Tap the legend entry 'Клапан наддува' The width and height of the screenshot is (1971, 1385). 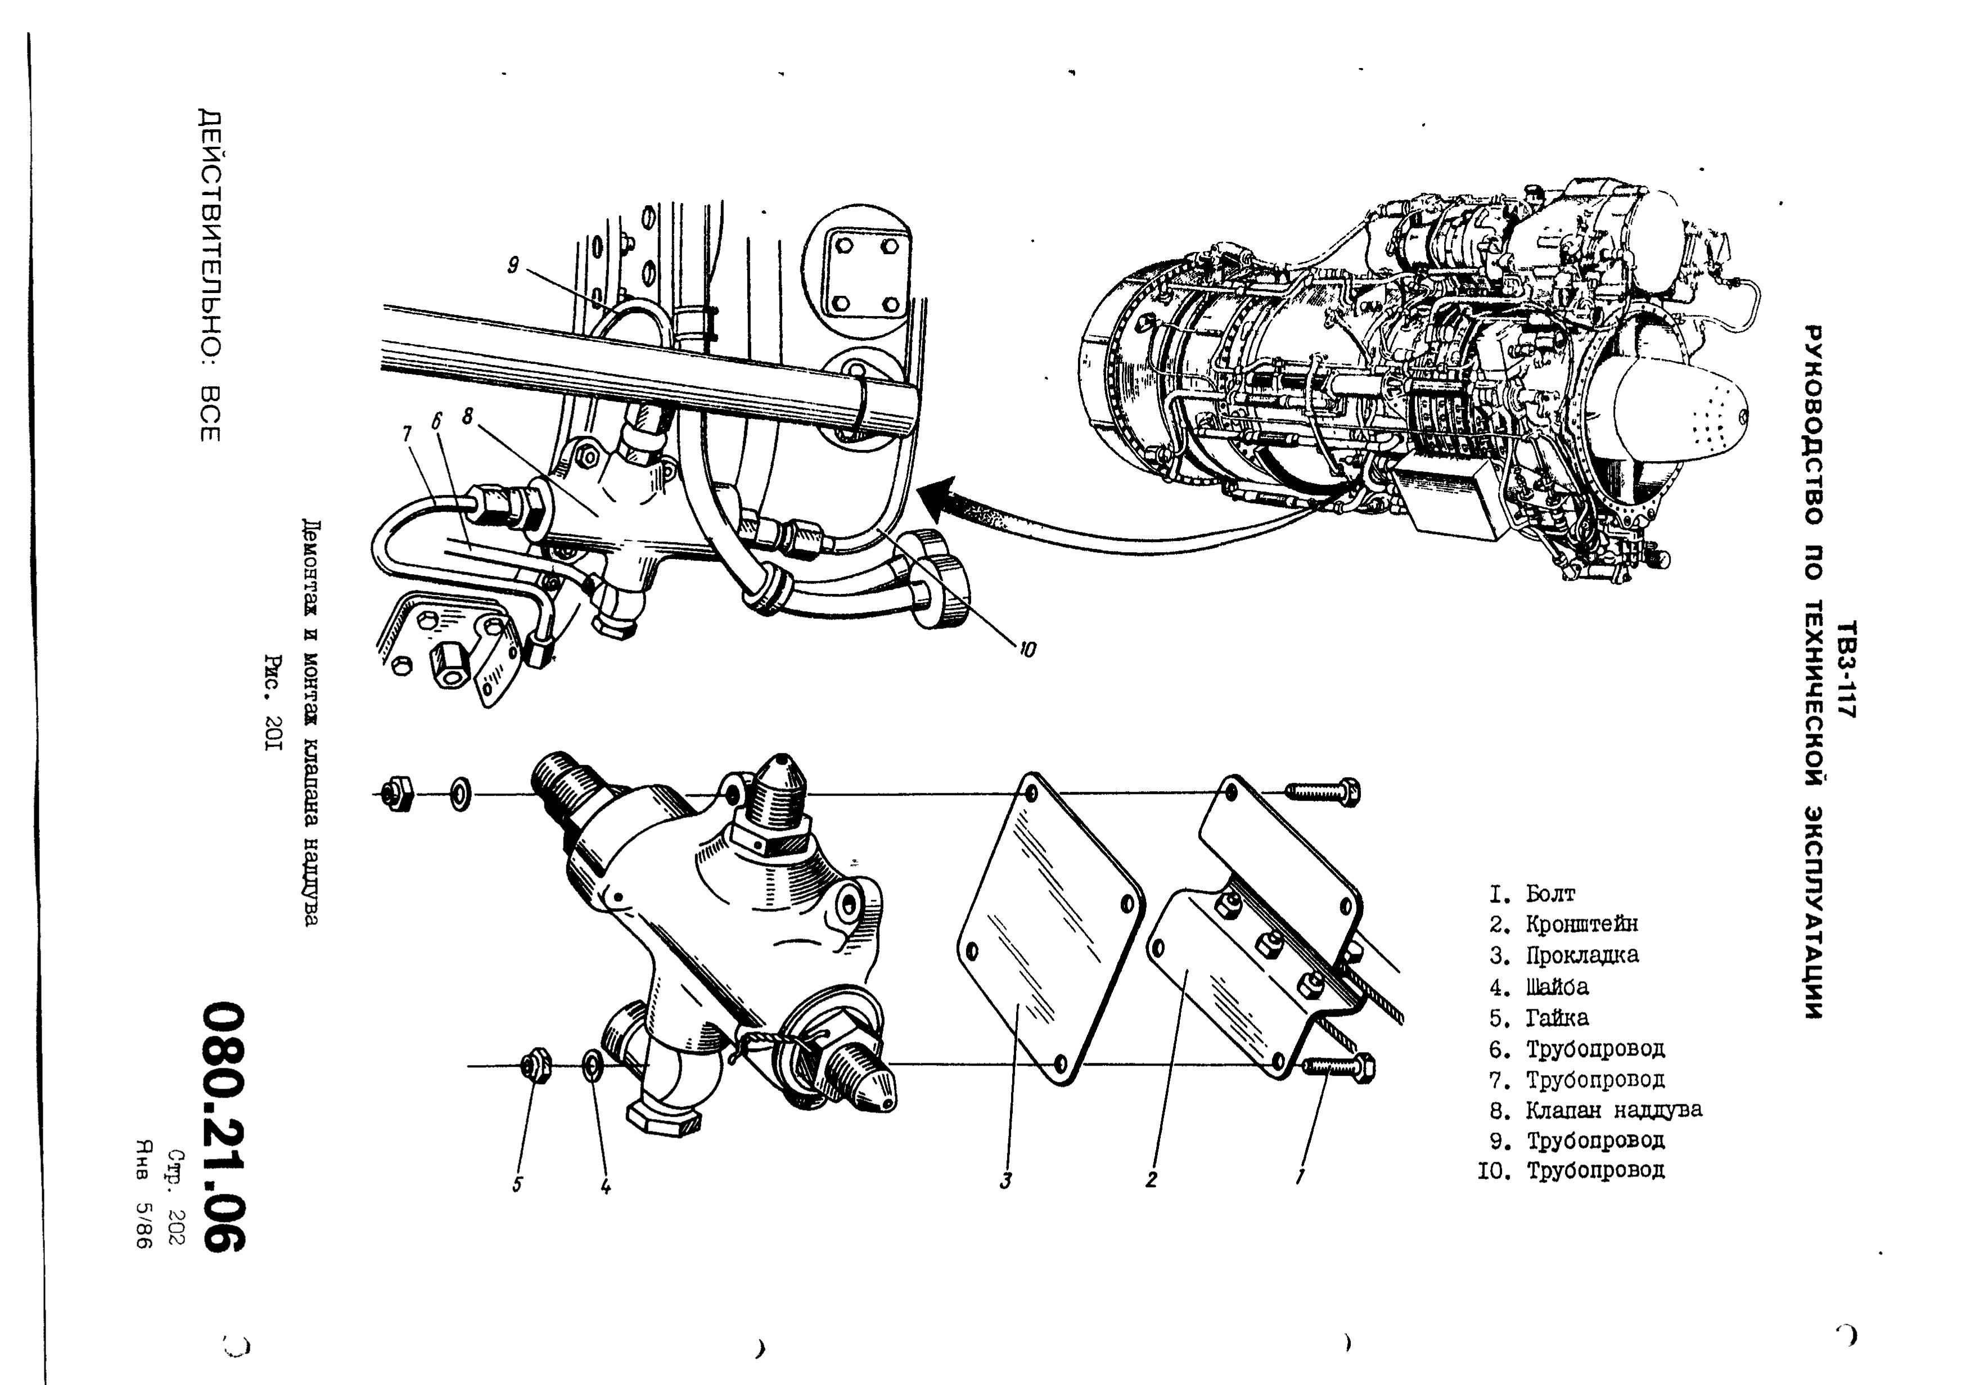coord(1613,1110)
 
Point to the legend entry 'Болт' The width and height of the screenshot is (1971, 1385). coord(1549,894)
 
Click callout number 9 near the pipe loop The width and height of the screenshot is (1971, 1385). coord(512,266)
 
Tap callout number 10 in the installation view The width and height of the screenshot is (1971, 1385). coord(1027,650)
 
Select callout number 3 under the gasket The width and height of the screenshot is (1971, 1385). coord(1005,1181)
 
